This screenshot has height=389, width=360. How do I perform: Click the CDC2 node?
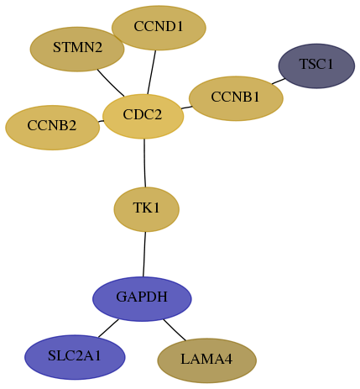(x=143, y=117)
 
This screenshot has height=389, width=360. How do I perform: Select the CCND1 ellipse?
(x=159, y=28)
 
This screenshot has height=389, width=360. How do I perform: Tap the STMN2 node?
(x=77, y=50)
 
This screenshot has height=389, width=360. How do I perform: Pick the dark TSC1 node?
(x=316, y=66)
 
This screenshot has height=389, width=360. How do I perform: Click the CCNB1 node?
(x=236, y=98)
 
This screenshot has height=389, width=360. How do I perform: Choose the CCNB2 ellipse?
(x=52, y=128)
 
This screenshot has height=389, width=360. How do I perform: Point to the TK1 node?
(x=146, y=209)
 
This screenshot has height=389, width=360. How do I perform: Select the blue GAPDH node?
(x=142, y=299)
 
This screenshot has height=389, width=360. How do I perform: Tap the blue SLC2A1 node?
(x=75, y=357)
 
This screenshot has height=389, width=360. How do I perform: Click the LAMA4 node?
(x=206, y=360)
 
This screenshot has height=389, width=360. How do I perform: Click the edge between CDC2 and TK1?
(x=144, y=163)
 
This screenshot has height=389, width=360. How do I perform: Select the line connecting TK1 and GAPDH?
(x=144, y=255)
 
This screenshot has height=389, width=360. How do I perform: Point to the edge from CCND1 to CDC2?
(x=151, y=72)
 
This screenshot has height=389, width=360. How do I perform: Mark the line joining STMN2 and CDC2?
(x=111, y=83)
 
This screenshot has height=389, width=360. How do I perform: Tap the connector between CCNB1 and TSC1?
(x=279, y=81)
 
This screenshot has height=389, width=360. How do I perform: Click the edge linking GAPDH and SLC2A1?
(x=108, y=328)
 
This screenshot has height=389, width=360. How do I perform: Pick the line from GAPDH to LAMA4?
(x=175, y=330)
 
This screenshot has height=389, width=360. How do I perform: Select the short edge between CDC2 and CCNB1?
(x=186, y=108)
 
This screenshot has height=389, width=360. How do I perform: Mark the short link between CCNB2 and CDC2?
(x=101, y=121)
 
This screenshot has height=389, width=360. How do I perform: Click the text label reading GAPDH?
(x=142, y=297)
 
